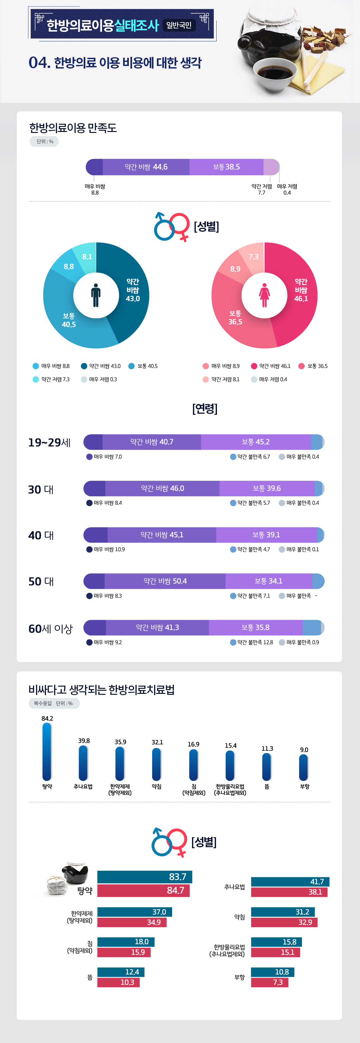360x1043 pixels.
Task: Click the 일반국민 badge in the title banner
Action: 179,25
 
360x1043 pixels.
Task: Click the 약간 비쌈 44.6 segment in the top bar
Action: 146,167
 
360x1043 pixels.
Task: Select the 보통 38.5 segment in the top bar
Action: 226,167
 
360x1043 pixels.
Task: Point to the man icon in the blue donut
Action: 96,295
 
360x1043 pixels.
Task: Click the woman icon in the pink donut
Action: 264,295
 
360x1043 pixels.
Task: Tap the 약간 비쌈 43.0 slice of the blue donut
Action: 132,290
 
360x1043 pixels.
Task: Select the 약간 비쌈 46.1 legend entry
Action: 271,366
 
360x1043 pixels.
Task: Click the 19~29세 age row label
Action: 49,442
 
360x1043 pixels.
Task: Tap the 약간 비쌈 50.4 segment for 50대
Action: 165,581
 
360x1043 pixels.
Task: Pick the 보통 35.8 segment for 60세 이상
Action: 255,628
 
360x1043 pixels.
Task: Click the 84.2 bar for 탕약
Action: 47,752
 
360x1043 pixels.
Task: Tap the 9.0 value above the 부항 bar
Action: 304,750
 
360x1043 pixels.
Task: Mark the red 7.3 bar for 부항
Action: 269,982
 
